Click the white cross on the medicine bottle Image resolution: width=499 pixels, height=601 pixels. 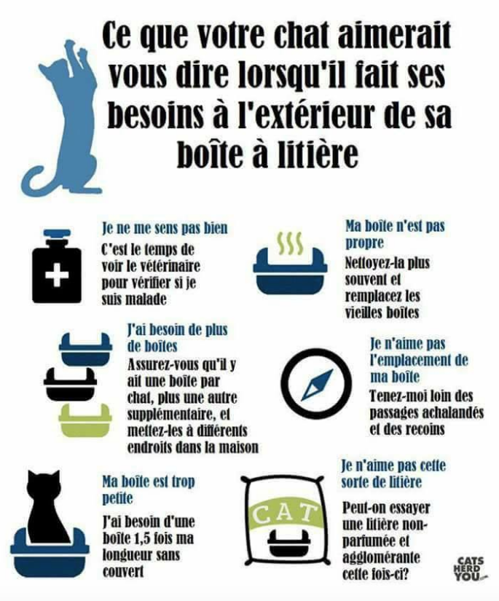click(x=57, y=275)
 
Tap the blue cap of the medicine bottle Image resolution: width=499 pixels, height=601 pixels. click(x=57, y=233)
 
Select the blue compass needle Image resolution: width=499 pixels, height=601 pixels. click(x=317, y=385)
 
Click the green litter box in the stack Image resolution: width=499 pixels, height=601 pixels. click(x=85, y=420)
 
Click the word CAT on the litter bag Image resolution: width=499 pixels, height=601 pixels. click(x=283, y=514)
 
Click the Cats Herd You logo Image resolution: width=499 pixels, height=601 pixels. click(x=471, y=569)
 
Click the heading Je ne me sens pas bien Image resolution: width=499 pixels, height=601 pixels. click(x=165, y=228)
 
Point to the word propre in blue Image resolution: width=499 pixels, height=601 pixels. click(x=364, y=243)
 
